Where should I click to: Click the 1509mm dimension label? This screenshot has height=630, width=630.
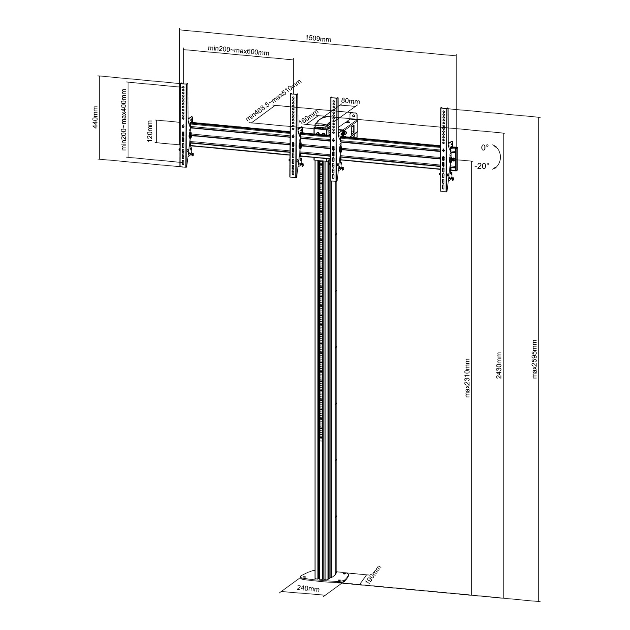coord(318,39)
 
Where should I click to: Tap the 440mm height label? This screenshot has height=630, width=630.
coord(95,117)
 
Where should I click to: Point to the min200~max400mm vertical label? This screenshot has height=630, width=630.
coord(124,120)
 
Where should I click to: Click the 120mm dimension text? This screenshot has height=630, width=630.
coord(150,131)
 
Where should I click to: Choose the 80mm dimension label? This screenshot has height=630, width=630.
coord(351,101)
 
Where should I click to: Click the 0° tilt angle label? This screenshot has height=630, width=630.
coord(485,148)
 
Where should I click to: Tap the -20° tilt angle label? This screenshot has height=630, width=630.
coord(482,166)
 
